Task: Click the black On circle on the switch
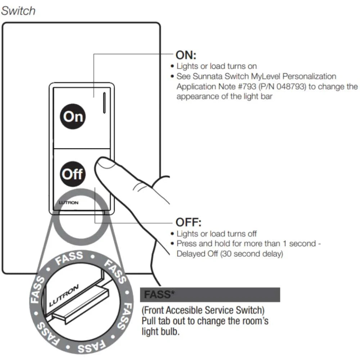tap(73, 116)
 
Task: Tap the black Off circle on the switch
tap(73, 174)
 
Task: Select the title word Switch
tap(18, 10)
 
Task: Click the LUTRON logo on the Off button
tap(68, 203)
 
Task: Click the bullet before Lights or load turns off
tap(172, 234)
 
